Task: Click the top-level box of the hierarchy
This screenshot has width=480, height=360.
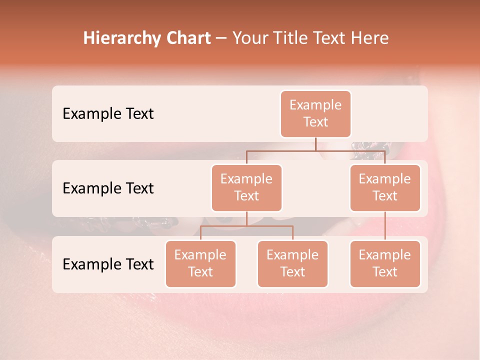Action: pos(315,113)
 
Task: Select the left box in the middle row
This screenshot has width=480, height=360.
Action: pos(246,187)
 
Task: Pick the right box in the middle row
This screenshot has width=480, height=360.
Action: pos(385,187)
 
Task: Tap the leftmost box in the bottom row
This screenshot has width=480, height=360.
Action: pos(200,263)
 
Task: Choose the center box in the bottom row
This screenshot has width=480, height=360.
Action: pos(292,263)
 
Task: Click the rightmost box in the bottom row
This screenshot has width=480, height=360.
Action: pos(385,263)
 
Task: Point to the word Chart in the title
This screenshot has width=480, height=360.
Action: pos(186,38)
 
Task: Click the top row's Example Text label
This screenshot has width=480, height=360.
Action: pos(108,113)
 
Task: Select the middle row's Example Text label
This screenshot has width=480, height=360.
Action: pos(108,188)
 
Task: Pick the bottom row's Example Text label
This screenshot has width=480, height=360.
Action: pos(108,264)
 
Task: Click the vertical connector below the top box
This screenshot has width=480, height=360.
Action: pos(315,144)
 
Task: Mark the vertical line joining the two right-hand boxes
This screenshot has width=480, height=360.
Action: pos(385,226)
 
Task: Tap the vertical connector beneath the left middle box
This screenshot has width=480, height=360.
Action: pos(246,219)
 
